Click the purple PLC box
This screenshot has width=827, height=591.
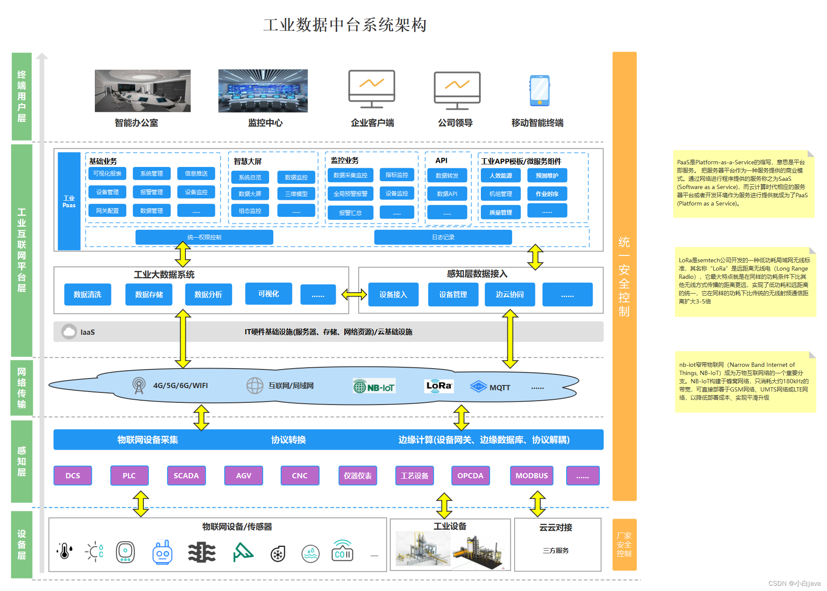click(129, 475)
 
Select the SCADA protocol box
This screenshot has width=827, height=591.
click(186, 475)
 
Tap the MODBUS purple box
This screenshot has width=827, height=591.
click(532, 475)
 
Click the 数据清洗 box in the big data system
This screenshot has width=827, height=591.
click(88, 294)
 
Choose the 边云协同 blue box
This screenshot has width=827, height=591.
click(509, 294)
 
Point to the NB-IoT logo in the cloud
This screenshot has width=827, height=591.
click(374, 386)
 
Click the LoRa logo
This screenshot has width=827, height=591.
click(439, 385)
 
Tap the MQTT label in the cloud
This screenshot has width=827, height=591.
click(499, 387)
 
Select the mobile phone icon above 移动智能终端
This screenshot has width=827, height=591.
click(539, 91)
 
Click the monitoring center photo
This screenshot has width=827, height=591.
click(263, 91)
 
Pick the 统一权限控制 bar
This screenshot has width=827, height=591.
click(204, 237)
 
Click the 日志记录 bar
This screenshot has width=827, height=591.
click(443, 237)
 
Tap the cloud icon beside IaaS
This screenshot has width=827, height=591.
click(69, 332)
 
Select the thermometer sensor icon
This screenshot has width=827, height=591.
click(65, 552)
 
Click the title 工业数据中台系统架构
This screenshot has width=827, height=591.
click(345, 25)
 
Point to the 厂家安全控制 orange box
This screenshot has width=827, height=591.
click(624, 544)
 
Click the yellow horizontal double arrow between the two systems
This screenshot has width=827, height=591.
click(354, 295)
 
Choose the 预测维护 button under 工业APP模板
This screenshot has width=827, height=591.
click(547, 176)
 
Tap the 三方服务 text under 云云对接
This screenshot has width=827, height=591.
click(555, 550)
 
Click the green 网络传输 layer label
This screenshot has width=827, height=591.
click(22, 388)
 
